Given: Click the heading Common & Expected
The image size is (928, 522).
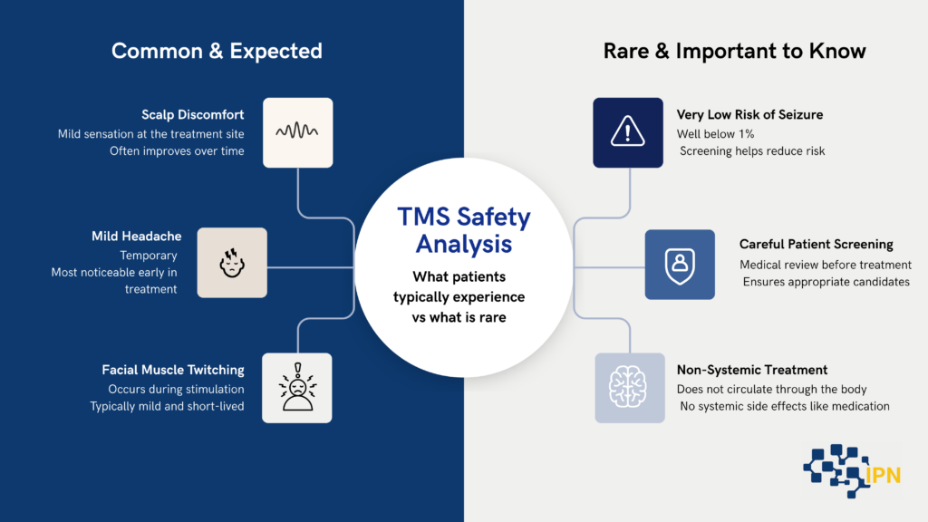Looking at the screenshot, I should (x=217, y=51).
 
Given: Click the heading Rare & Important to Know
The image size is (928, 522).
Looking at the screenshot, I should (x=735, y=51).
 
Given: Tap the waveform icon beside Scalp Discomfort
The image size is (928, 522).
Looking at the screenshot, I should (x=298, y=132).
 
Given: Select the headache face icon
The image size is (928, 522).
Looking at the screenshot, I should (x=232, y=263).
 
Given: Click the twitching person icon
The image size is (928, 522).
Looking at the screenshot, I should (x=296, y=388).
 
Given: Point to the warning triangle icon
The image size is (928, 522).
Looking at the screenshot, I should (x=628, y=133).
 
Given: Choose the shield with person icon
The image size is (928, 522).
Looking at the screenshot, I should (x=679, y=265).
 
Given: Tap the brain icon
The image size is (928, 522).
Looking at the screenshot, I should (x=629, y=388).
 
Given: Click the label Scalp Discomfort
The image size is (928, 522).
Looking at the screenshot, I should (x=192, y=115).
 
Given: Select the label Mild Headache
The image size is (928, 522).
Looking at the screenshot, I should (x=136, y=237).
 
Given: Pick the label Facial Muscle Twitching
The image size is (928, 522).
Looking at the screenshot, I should (x=173, y=370).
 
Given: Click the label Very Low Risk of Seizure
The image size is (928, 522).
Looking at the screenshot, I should (x=749, y=115).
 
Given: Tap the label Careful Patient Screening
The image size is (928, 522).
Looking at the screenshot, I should (x=816, y=245).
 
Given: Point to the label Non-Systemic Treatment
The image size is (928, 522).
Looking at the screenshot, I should (x=751, y=370).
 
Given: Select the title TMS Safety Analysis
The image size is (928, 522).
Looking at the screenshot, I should (x=463, y=230).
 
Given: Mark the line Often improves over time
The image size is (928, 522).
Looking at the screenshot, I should (x=177, y=151).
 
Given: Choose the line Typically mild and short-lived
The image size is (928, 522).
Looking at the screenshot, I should (x=167, y=406).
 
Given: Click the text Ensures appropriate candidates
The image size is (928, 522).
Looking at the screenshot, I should (x=826, y=282).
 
